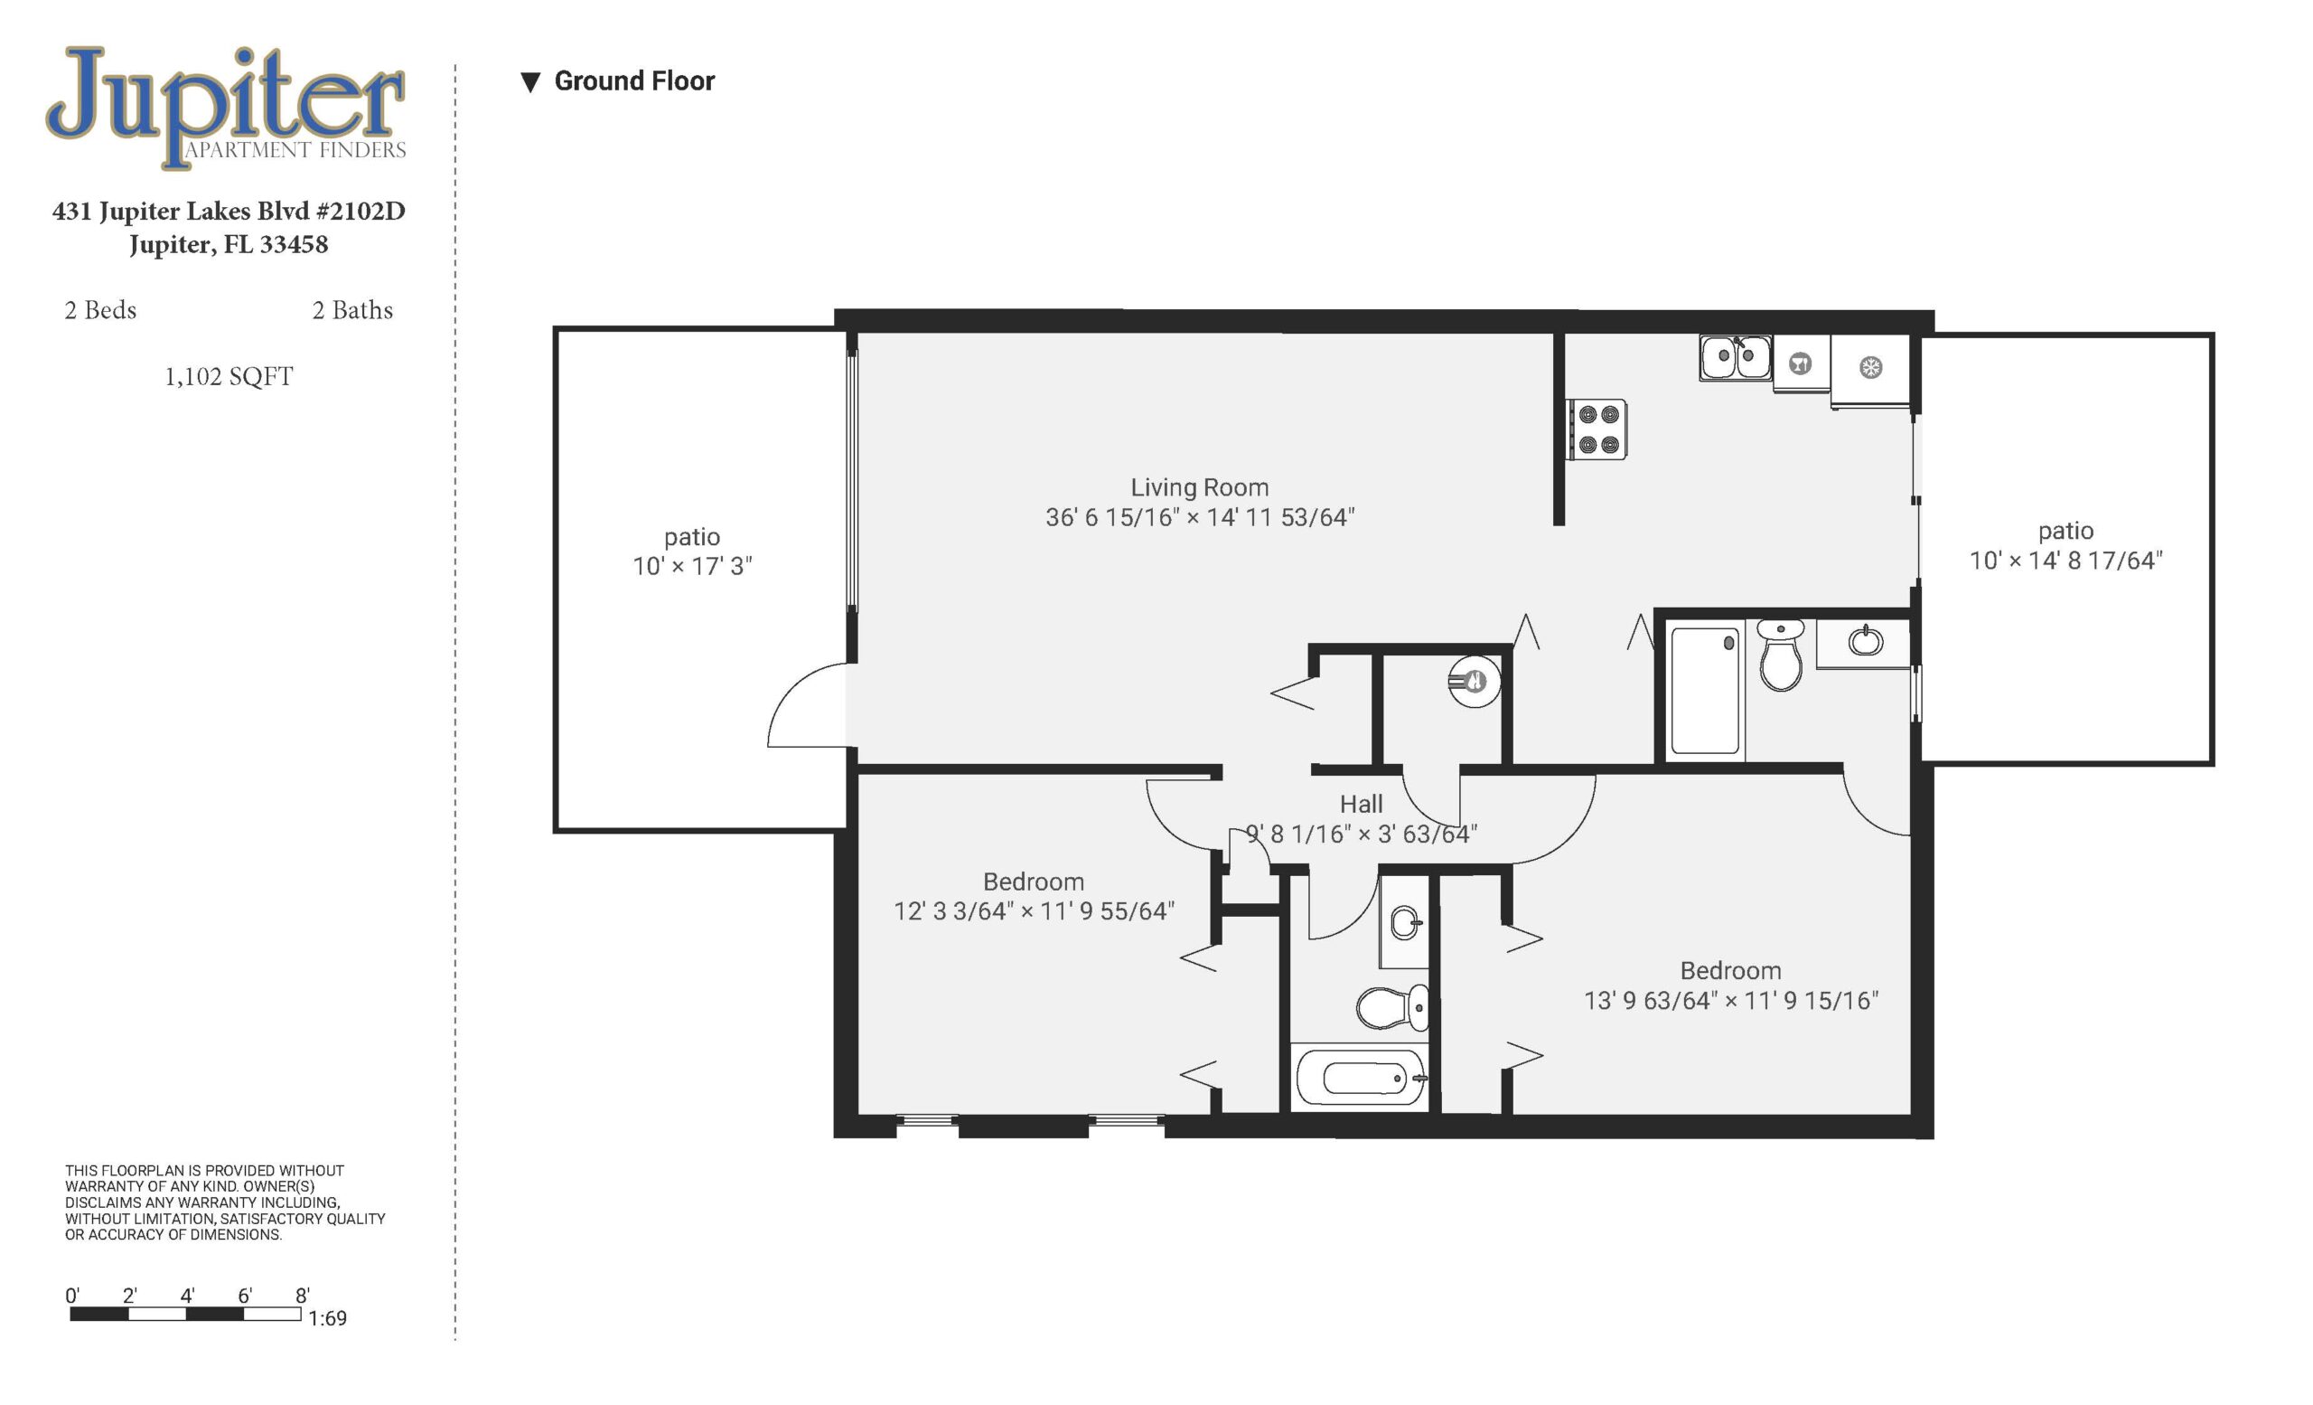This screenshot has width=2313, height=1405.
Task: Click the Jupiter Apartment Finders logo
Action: tap(226, 107)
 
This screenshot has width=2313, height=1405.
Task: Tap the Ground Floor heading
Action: tap(634, 81)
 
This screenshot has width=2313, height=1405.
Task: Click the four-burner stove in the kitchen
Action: tap(1597, 429)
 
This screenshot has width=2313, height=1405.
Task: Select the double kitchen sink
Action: tap(1736, 357)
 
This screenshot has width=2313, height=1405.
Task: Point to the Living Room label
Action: tap(1200, 487)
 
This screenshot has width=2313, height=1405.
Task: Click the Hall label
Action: tap(1361, 804)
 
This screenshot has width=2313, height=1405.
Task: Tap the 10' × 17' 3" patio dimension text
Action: tap(693, 566)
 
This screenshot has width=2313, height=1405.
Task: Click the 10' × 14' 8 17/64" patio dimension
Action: tap(2066, 561)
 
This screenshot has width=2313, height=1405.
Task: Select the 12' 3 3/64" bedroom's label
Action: tap(1034, 882)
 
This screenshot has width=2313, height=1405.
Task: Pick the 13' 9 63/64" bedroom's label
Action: tap(1731, 970)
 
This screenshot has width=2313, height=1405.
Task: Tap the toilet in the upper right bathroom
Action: tap(1781, 655)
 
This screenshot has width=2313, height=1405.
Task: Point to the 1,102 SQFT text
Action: tap(229, 377)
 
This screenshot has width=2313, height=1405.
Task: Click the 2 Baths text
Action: tap(353, 310)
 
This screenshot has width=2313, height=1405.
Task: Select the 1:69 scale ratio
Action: tap(328, 1318)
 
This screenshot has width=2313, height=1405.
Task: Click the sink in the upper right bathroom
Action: tap(1865, 641)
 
